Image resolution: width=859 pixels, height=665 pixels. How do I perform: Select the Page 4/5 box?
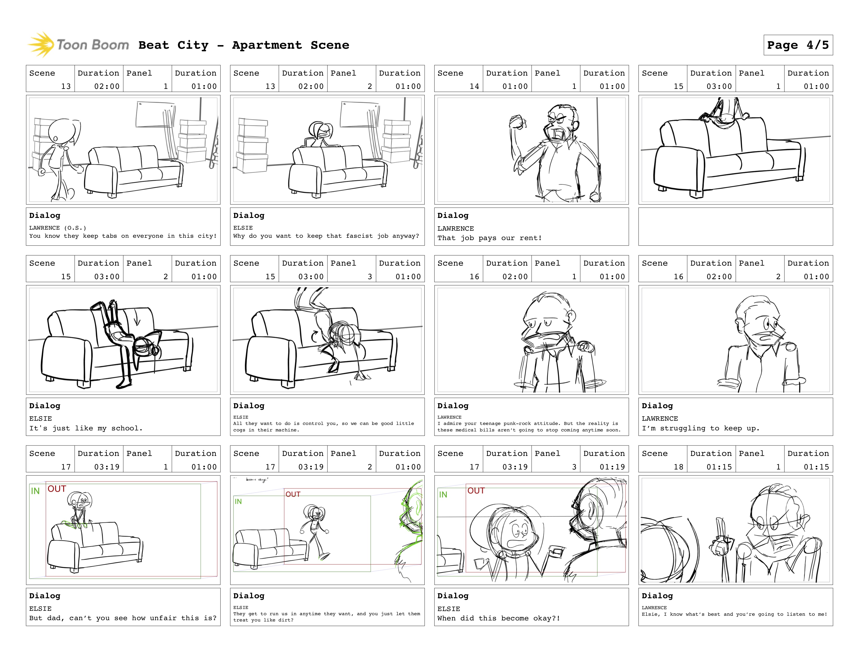pos(798,45)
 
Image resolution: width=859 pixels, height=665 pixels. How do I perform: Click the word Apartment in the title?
pos(267,45)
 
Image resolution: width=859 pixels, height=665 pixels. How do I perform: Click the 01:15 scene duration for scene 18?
pos(719,467)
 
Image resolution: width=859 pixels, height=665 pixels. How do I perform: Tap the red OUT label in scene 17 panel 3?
pos(476,491)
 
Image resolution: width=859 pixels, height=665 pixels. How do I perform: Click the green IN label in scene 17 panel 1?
pos(35,491)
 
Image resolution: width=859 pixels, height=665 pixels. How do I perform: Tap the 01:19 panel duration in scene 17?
pos(612,467)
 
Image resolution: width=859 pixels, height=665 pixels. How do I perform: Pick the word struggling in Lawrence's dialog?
pos(683,429)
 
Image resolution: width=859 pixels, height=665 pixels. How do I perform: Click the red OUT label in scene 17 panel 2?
pos(293,494)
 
